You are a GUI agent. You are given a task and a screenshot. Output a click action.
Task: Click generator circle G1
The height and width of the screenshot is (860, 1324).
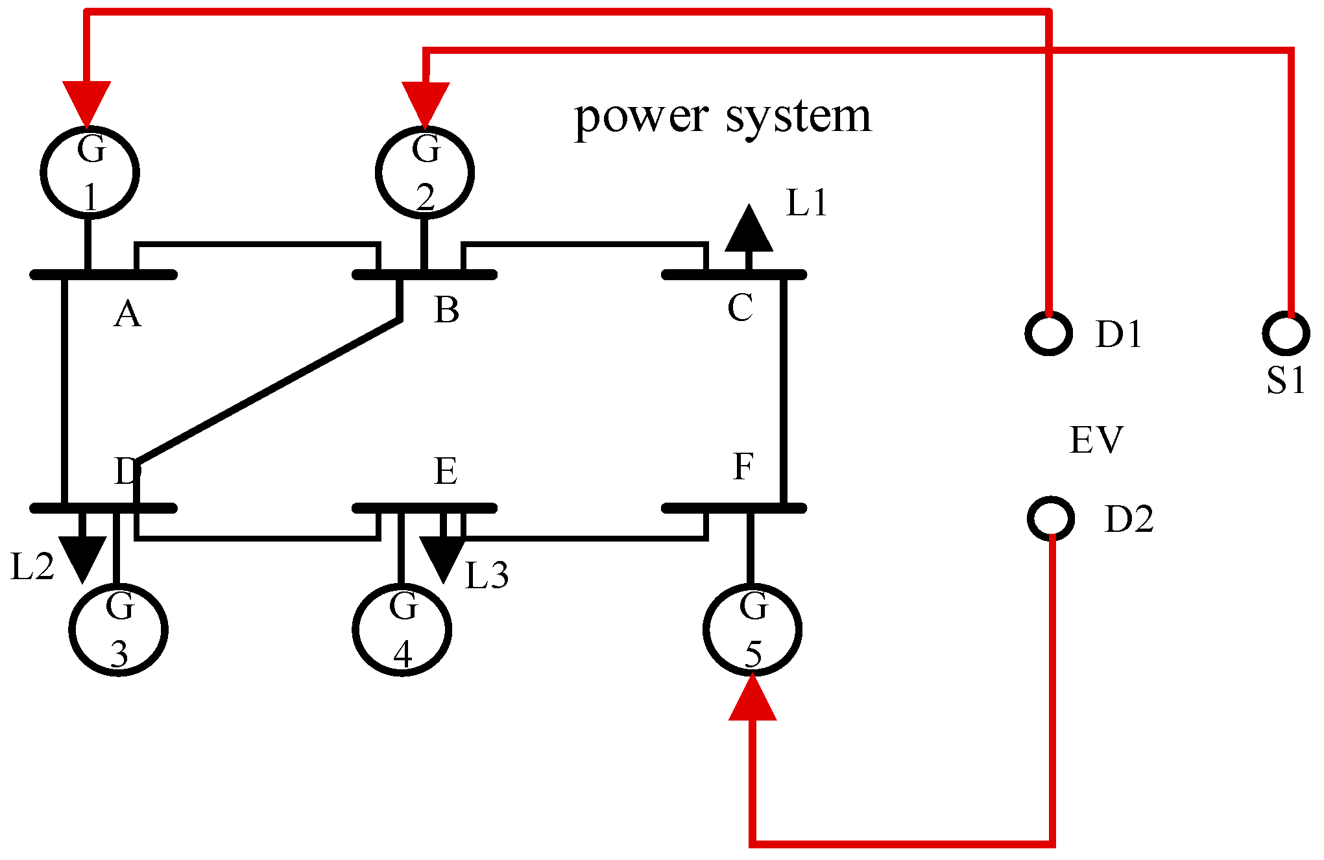90,173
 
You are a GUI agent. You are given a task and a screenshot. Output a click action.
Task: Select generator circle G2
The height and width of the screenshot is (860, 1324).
425,173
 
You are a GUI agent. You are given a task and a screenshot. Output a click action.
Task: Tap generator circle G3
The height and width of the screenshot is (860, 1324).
119,629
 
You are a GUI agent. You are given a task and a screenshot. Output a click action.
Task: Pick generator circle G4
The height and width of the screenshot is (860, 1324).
402,629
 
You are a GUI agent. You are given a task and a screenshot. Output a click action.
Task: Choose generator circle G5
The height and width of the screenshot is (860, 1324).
752,629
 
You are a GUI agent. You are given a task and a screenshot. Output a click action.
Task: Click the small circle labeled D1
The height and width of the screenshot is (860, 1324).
1048,333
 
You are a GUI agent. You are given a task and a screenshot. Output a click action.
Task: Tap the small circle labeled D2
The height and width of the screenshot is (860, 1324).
1051,518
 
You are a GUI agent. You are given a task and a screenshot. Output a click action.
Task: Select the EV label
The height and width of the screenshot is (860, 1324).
1096,440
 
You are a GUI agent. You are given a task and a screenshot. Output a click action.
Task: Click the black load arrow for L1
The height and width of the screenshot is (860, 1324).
749,230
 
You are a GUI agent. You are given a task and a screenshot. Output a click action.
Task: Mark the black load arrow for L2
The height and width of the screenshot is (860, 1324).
82,556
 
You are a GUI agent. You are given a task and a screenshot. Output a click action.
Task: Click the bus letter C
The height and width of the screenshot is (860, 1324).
740,308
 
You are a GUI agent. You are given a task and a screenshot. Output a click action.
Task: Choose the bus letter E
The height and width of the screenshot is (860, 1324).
446,472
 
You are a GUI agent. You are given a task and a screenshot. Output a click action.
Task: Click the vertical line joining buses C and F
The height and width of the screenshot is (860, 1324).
784,389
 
